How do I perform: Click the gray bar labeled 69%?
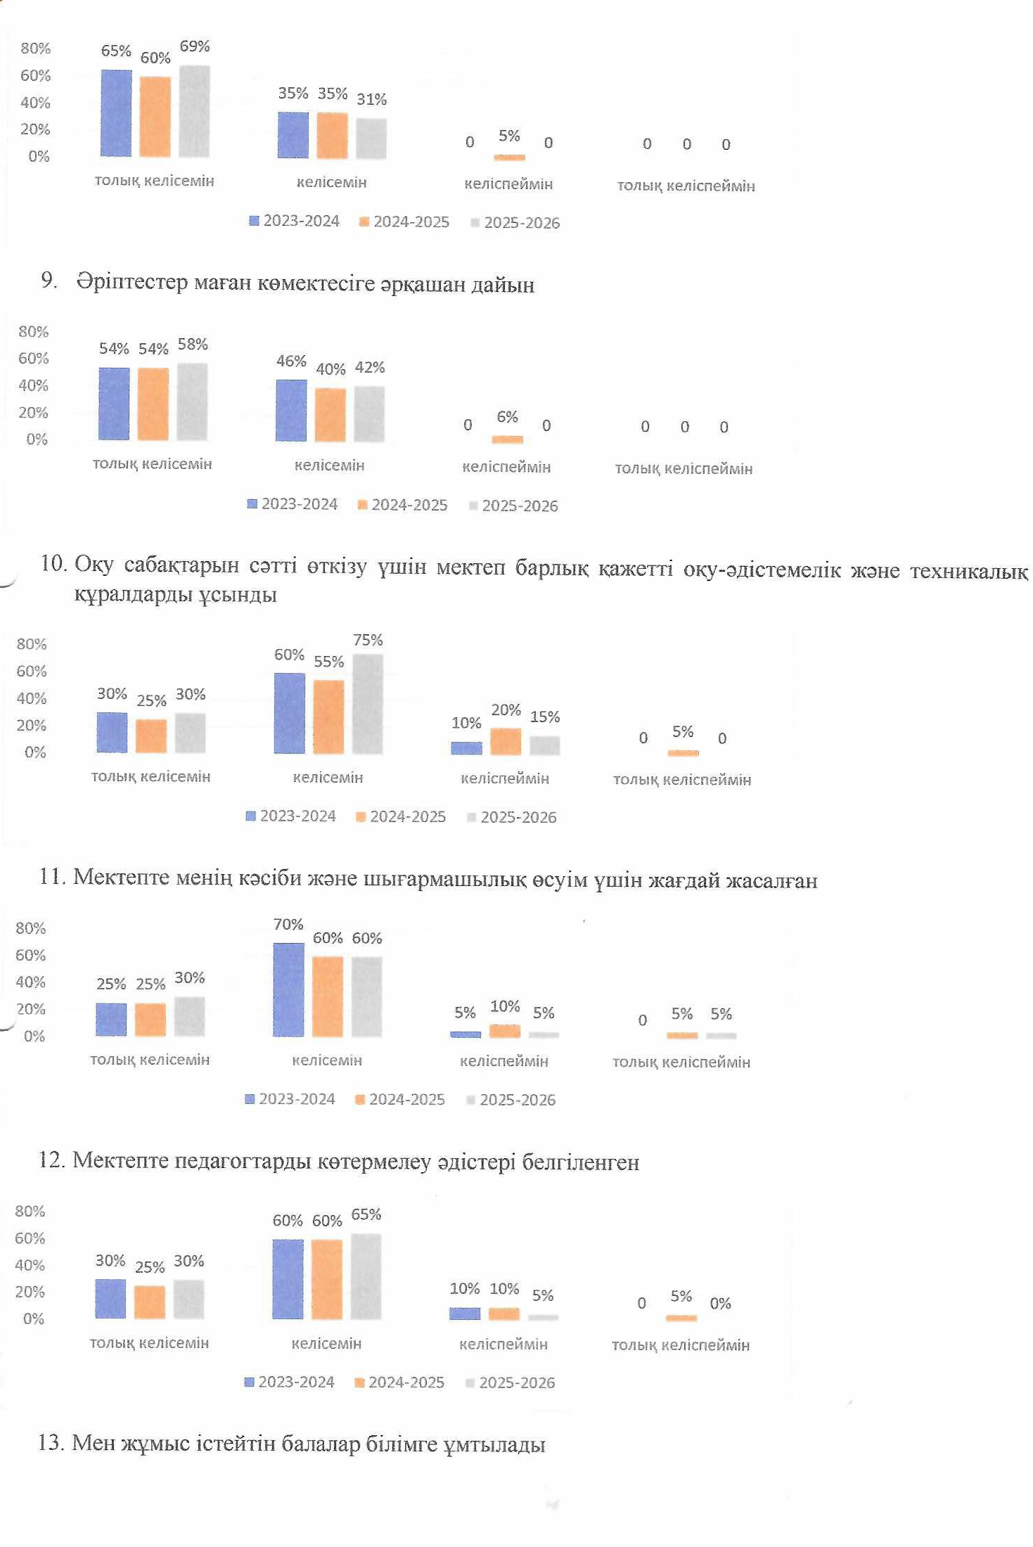click(x=194, y=111)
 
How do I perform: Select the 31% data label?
click(x=371, y=100)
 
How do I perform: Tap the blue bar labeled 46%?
click(x=291, y=410)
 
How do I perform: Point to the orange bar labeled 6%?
click(x=507, y=439)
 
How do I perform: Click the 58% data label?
click(x=193, y=345)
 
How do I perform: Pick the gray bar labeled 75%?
click(x=368, y=704)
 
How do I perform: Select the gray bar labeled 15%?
click(x=545, y=745)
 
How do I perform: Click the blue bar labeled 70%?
click(x=288, y=989)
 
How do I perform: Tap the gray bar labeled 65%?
click(x=366, y=1276)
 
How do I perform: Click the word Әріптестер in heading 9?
click(x=131, y=283)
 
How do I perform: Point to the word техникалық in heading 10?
click(x=968, y=571)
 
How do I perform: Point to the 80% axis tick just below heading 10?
click(x=32, y=644)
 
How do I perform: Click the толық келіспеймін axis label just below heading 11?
click(x=681, y=1062)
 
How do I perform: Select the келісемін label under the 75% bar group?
click(x=328, y=778)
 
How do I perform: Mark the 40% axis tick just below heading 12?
click(x=30, y=1265)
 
